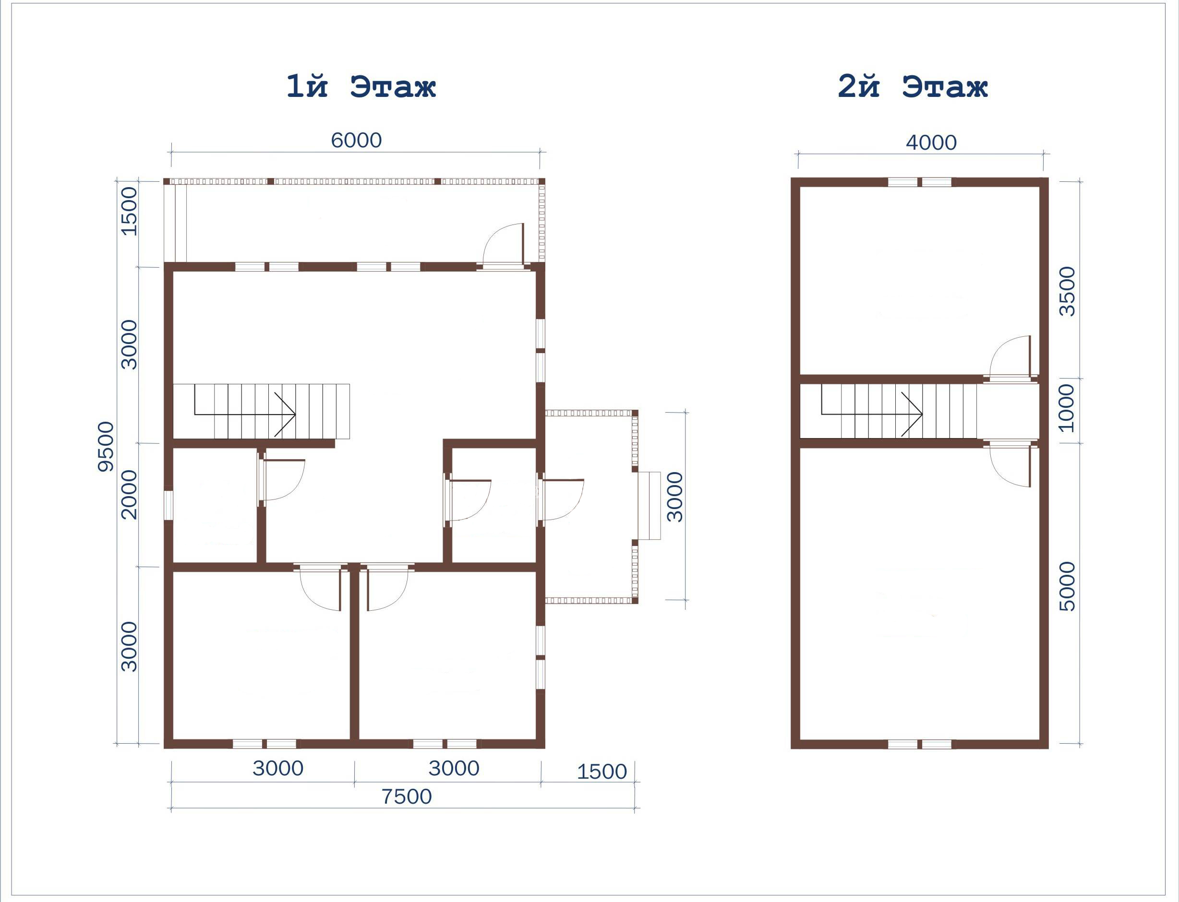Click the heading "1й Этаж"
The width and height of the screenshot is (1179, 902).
pos(361,86)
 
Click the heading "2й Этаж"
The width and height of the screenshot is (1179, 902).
pos(913,86)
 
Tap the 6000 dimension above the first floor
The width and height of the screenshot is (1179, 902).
pos(356,140)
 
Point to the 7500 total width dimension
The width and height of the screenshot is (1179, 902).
pos(406,797)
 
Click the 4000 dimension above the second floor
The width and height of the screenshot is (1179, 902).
pos(931,143)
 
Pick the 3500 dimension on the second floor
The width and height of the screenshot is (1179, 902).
pos(1067,292)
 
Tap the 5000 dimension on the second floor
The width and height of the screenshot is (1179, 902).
pos(1067,586)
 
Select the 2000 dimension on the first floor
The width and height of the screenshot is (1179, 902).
pos(129,495)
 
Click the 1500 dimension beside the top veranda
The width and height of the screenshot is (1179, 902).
pos(129,211)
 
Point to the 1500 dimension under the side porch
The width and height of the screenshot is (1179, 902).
pos(602,772)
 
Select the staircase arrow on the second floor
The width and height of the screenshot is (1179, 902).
pos(872,414)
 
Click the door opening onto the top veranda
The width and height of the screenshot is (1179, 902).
pos(503,245)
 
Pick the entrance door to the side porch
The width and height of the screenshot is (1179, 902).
pos(561,500)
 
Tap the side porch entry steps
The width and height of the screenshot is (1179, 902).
pos(649,506)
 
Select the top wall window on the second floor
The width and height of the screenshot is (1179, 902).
pos(920,182)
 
